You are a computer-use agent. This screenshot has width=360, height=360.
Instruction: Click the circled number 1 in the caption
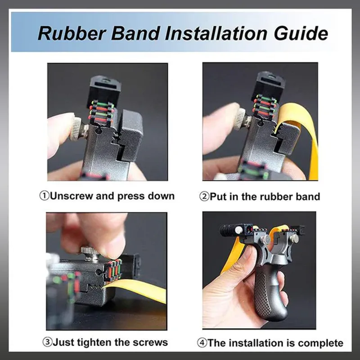point(44,196)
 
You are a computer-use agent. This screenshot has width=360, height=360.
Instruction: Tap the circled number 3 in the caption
point(48,342)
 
